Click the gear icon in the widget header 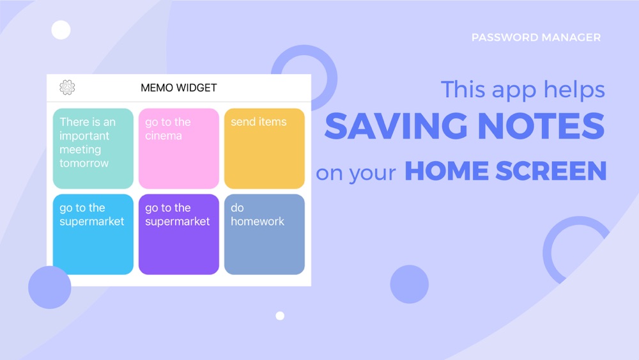point(67,87)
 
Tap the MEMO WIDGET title point(178,88)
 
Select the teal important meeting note point(93,148)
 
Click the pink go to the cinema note point(178,148)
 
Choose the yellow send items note point(264,148)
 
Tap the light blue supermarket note point(93,234)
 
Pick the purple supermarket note point(178,234)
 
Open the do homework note point(264,234)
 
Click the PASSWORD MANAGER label point(536,38)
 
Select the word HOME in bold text point(447,171)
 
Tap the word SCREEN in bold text point(551,171)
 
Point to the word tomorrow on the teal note point(84,163)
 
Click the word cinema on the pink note point(164,136)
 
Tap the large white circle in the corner point(61,30)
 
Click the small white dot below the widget point(280,316)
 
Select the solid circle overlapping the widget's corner point(50,287)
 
